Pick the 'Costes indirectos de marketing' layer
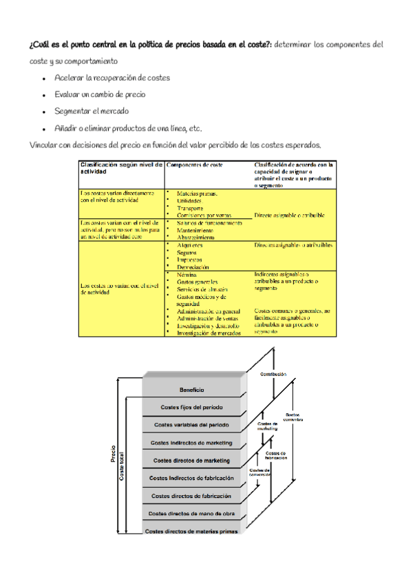point(193,442)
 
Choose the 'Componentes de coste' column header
point(195,165)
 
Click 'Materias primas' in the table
point(196,194)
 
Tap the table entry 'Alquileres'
point(190,245)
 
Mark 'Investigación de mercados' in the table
point(209,333)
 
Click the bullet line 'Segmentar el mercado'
point(92,111)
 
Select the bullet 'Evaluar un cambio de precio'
point(100,94)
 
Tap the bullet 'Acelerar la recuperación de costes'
point(112,78)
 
